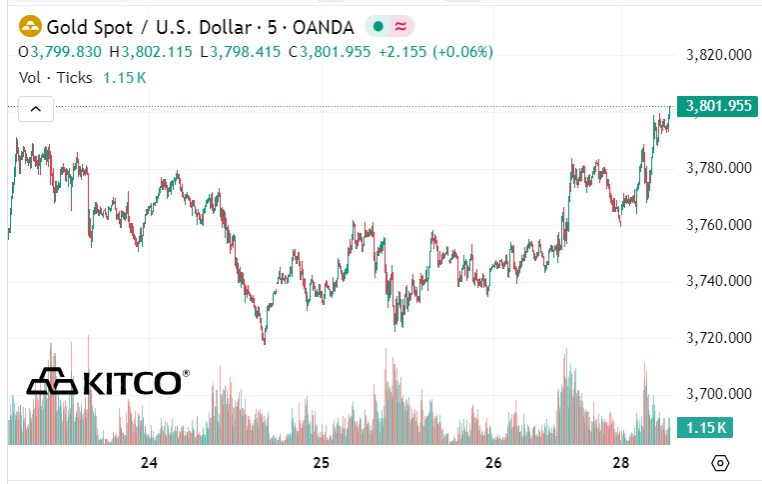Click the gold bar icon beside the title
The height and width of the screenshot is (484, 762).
(31, 26)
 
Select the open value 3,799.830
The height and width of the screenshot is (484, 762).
(66, 52)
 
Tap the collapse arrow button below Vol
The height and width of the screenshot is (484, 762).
(34, 109)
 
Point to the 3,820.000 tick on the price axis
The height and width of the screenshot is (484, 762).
(719, 55)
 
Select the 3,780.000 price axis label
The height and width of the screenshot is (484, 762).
(719, 168)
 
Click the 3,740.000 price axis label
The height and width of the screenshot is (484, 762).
(719, 281)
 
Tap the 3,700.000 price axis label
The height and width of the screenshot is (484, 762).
(719, 394)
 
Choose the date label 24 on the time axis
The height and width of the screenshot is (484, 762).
(150, 463)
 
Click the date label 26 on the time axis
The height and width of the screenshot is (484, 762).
(492, 463)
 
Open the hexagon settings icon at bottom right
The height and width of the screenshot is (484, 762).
(720, 463)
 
